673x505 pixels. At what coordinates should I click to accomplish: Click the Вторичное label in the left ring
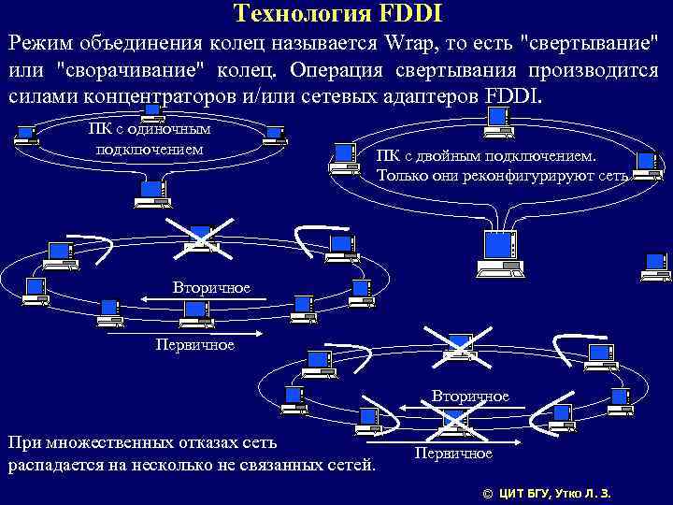[211, 287]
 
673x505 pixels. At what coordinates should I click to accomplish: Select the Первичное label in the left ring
[195, 345]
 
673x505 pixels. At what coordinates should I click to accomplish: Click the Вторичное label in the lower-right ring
[470, 397]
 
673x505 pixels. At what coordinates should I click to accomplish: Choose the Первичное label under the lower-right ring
[453, 454]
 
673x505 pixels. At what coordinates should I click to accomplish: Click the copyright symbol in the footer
[486, 493]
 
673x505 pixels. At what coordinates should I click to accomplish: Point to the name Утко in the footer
[571, 493]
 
